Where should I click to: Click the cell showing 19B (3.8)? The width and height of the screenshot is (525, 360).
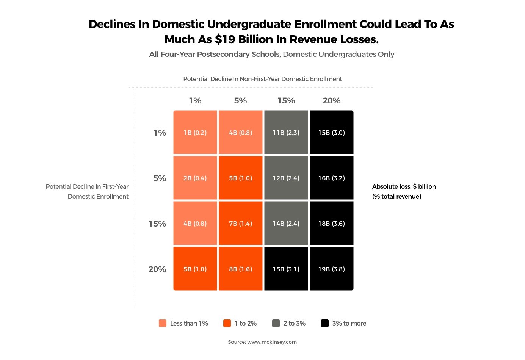click(x=331, y=269)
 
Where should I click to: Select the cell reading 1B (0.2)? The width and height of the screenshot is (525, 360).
click(x=195, y=133)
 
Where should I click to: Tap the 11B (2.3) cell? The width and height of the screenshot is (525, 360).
click(x=286, y=133)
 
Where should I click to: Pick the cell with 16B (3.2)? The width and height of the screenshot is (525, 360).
click(x=331, y=178)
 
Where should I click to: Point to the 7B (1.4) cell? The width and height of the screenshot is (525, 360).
click(x=241, y=224)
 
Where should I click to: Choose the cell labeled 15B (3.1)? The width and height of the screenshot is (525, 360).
click(x=286, y=269)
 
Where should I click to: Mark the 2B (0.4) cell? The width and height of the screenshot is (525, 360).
click(x=195, y=178)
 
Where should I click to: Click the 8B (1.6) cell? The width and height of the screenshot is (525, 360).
click(x=241, y=269)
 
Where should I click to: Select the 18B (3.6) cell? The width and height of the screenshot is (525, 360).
click(x=331, y=224)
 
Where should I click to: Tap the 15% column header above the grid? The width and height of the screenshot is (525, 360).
click(x=286, y=101)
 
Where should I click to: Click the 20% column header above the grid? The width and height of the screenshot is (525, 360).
click(x=331, y=101)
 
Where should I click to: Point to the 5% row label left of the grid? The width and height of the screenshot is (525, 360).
click(x=160, y=178)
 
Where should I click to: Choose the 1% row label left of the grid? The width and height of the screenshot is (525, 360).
click(x=160, y=133)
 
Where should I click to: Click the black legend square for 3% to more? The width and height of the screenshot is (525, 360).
click(x=325, y=323)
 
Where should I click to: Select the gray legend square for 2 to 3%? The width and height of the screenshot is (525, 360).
click(x=276, y=323)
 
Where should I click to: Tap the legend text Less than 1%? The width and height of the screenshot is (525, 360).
click(x=189, y=323)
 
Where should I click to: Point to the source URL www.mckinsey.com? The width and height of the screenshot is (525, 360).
click(x=272, y=342)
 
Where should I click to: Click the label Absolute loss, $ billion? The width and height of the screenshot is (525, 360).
click(x=404, y=186)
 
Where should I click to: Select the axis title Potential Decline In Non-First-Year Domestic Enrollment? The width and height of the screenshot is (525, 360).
click(x=262, y=79)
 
